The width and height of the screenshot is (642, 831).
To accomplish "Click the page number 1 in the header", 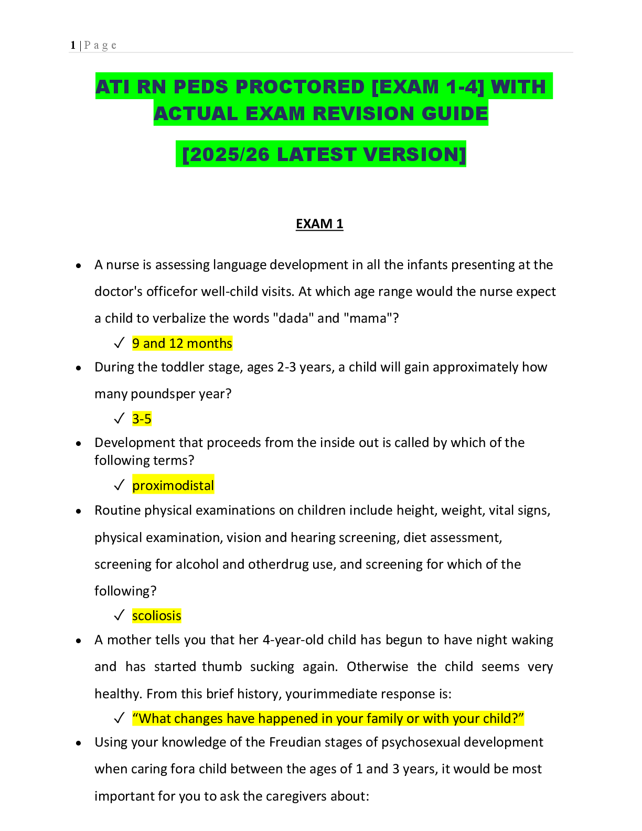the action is pos(73,45).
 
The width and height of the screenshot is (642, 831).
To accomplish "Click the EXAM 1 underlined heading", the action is pos(319,223).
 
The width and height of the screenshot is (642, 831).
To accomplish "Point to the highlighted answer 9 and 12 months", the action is pos(182,344).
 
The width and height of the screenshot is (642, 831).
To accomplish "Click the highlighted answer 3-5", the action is pos(142,419).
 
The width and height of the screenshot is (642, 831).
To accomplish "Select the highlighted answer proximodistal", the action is pos(173,485).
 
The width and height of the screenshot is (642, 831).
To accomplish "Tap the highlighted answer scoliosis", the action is pos(157,616).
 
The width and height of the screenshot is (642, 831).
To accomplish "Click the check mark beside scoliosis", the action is pos(119,615).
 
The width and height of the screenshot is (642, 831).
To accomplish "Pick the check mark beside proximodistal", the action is pos(119,485).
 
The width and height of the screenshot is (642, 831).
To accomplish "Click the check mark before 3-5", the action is pos(119,419).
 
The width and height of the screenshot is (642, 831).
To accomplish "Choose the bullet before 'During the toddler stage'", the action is pos(78,368).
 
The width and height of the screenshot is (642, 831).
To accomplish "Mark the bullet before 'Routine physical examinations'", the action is pos(78,512).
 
